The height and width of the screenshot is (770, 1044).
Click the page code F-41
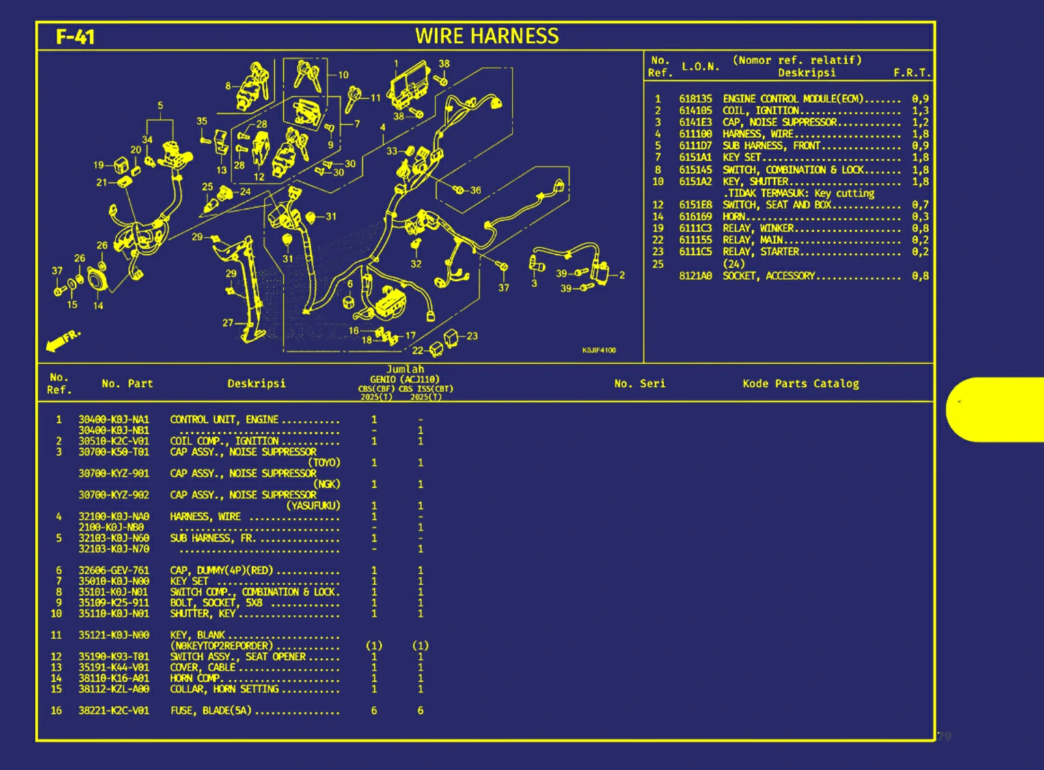click(75, 36)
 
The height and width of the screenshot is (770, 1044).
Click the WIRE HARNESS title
click(486, 36)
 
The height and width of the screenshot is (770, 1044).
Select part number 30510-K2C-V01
click(113, 441)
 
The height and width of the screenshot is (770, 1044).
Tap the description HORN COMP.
click(195, 678)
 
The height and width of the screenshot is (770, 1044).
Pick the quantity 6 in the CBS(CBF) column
click(374, 711)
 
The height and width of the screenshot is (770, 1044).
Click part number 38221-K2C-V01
click(113, 711)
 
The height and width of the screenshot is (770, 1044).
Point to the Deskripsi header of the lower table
click(256, 384)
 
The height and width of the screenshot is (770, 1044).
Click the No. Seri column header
click(639, 384)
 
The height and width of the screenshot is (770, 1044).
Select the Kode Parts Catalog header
click(800, 384)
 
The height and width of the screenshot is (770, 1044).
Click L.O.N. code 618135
click(695, 99)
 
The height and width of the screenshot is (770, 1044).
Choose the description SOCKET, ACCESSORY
click(769, 276)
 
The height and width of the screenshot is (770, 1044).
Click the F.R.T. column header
click(911, 72)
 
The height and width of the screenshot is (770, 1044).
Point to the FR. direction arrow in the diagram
click(62, 340)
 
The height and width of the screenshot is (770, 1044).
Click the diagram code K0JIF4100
click(599, 350)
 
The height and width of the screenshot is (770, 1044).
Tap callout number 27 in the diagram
click(228, 322)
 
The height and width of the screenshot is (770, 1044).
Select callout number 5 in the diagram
click(161, 106)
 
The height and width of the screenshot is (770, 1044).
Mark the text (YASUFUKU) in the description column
click(312, 506)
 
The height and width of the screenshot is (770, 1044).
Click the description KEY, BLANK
click(197, 635)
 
